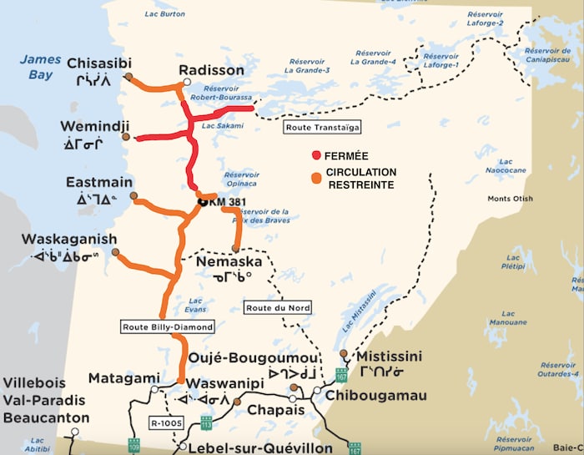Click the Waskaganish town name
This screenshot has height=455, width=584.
click(x=69, y=240)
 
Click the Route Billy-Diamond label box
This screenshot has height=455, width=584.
click(x=168, y=326)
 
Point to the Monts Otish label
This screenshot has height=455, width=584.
click(x=510, y=199)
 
